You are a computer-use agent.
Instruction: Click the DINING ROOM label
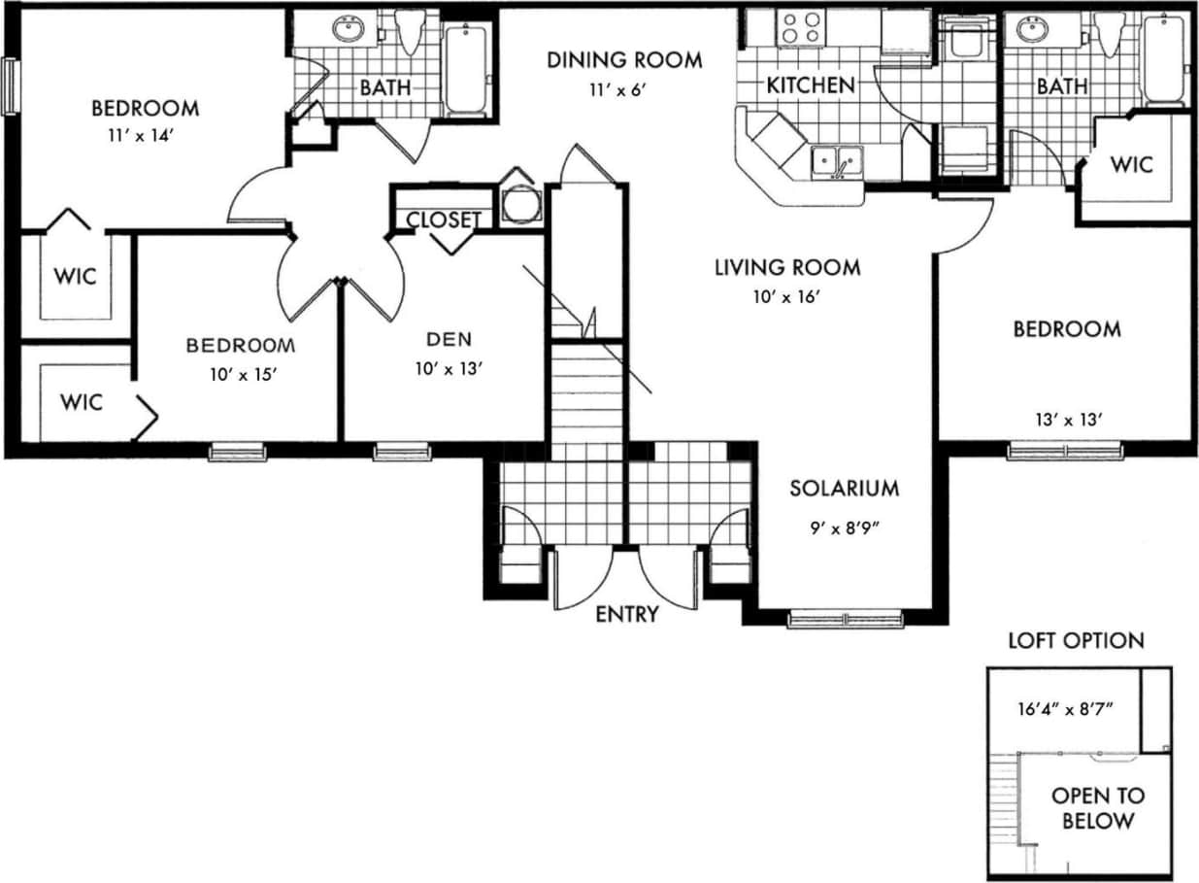[624, 60]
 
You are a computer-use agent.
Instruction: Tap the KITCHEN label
[811, 85]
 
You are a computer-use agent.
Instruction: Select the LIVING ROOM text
[787, 267]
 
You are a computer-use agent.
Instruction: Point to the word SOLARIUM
[844, 489]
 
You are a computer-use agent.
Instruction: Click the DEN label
[449, 339]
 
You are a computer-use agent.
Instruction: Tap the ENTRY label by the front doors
[627, 614]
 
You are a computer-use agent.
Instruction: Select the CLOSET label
[443, 220]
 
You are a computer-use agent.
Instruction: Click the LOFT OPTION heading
[1076, 641]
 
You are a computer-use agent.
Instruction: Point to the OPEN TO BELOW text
[1098, 808]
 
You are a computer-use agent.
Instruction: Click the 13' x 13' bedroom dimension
[1067, 420]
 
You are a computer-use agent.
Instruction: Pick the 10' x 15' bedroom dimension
[241, 374]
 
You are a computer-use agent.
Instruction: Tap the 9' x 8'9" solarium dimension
[844, 529]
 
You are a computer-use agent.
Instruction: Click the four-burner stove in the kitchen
[803, 27]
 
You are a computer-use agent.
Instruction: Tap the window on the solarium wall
[846, 619]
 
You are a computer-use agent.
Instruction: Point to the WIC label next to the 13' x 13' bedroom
[1132, 164]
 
